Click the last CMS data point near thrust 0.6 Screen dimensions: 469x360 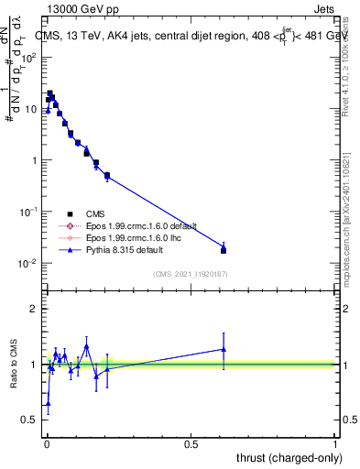pyautogui.click(x=224, y=250)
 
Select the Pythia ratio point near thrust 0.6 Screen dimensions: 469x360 pyautogui.click(x=224, y=348)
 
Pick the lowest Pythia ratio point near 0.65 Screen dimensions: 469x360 pyautogui.click(x=48, y=403)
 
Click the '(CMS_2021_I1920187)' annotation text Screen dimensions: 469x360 pyautogui.click(x=191, y=274)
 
